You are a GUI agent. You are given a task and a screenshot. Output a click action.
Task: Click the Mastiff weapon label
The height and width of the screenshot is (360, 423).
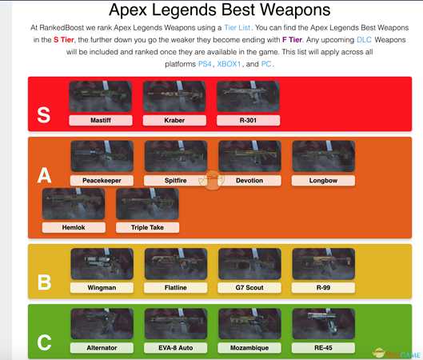(101, 120)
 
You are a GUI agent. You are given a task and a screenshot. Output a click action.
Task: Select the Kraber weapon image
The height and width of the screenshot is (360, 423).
(174, 97)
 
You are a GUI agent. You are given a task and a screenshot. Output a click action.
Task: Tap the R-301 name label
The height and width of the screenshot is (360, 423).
(248, 120)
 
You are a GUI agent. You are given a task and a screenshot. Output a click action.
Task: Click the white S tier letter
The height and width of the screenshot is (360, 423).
(44, 114)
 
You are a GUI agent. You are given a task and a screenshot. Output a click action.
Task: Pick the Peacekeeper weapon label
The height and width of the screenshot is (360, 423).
(102, 181)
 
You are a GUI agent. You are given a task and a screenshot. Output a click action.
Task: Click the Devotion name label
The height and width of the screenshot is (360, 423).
(249, 181)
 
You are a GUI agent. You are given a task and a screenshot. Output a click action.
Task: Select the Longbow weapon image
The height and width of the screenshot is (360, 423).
(323, 157)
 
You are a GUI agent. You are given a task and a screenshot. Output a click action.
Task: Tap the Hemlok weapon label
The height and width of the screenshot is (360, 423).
(74, 227)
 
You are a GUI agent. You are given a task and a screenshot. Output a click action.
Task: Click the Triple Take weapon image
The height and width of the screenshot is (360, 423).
(147, 204)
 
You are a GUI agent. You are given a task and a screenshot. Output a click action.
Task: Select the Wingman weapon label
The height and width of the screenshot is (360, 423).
(102, 287)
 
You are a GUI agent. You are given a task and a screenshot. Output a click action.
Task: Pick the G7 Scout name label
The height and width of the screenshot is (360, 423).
(249, 287)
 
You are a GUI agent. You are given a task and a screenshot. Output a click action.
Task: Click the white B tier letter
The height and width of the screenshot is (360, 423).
(45, 282)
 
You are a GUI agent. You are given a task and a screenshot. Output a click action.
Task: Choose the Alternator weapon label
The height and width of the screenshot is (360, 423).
(102, 348)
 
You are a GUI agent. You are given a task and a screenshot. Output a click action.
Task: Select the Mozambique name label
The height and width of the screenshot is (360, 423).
(249, 348)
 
